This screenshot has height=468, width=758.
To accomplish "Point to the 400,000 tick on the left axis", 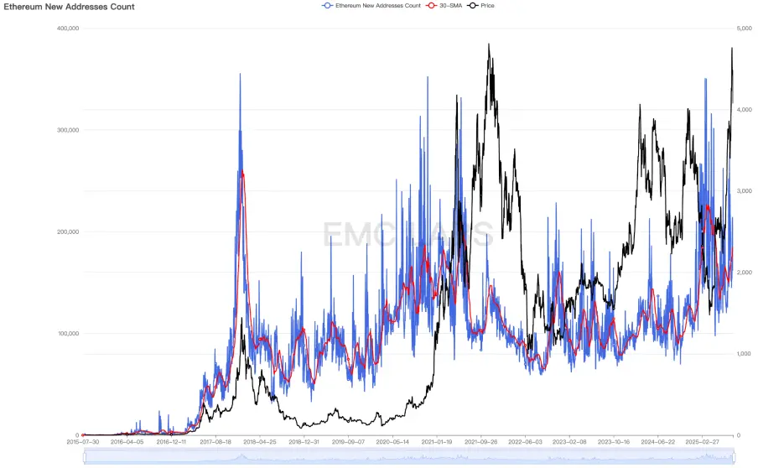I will click(68, 29).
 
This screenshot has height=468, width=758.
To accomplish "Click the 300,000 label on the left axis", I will click(68, 130).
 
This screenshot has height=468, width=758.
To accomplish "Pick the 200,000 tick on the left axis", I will click(68, 232).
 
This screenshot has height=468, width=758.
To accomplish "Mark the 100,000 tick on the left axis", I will click(68, 334).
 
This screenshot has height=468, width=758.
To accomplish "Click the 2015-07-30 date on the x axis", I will click(84, 441).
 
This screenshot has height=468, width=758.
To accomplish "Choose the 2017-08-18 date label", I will click(217, 441).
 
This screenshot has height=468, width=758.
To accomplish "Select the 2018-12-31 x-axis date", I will click(305, 441).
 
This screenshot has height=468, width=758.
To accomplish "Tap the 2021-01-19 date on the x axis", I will click(437, 441).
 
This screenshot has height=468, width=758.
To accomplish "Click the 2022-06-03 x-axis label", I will click(526, 441).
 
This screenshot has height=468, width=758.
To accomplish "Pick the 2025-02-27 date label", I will click(703, 441).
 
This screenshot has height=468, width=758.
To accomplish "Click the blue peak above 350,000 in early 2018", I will click(240, 74).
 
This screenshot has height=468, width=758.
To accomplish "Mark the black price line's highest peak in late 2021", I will click(489, 44).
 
